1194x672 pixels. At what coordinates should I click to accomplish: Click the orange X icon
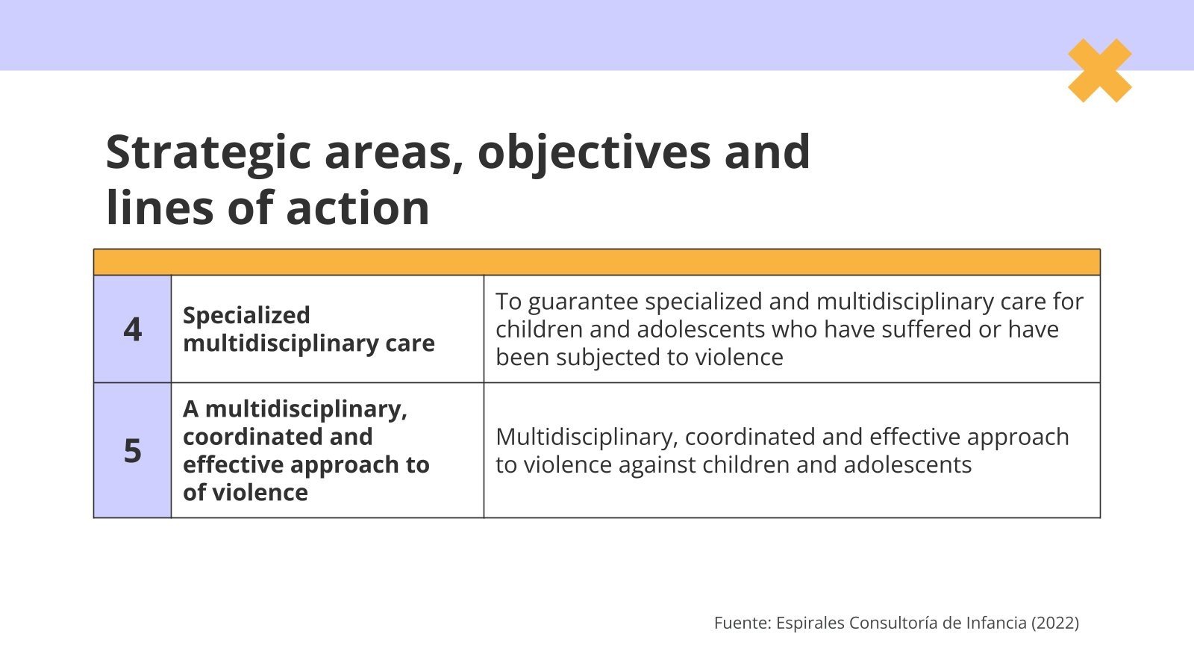pos(1099,70)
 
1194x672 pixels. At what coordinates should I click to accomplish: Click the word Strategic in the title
pos(207,152)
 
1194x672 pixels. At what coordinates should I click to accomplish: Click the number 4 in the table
pos(132,329)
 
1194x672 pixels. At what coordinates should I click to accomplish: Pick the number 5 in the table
pos(132,451)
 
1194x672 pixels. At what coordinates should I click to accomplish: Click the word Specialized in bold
pos(246,315)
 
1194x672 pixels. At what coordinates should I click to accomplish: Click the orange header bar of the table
pos(597,262)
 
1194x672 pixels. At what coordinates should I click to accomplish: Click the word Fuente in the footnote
pos(740,623)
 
